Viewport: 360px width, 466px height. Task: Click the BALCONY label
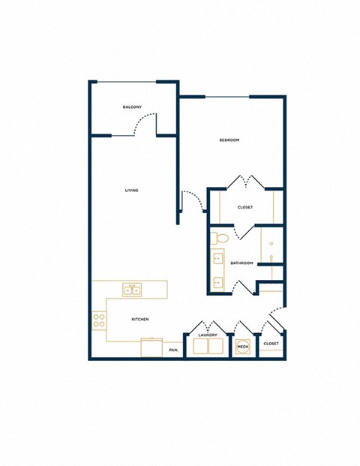(x=133, y=107)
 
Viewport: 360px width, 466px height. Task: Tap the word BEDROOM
(x=229, y=140)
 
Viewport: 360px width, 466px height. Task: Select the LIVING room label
(x=132, y=191)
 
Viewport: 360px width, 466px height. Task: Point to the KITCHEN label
(x=140, y=319)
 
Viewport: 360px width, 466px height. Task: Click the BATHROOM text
(x=241, y=263)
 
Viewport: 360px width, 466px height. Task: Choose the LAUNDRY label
(x=208, y=335)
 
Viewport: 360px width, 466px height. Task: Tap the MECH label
(x=241, y=347)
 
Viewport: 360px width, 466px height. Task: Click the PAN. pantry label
(x=173, y=350)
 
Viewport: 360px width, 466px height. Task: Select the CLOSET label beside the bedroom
(x=245, y=207)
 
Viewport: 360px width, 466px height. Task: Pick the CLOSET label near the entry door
(x=271, y=343)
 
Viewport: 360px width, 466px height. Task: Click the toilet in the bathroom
(x=220, y=239)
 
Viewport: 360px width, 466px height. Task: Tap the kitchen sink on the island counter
(x=133, y=289)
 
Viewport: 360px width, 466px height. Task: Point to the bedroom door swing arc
(x=196, y=200)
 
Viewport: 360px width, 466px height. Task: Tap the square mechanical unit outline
(x=241, y=347)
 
